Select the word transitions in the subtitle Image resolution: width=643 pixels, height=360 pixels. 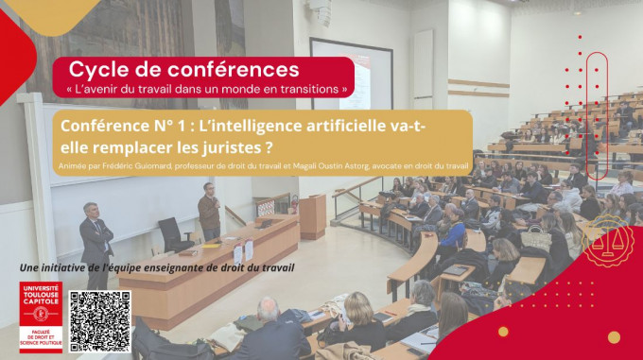309,89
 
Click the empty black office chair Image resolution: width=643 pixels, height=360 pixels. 172,233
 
